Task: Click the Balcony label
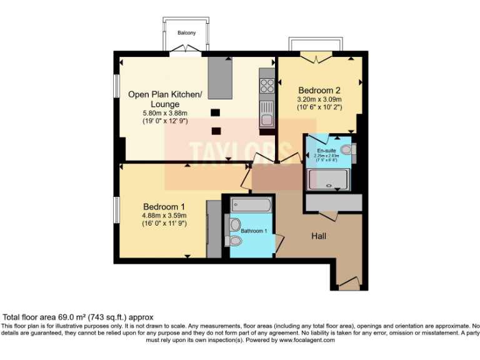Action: [186, 32]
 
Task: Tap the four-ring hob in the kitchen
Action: [267, 84]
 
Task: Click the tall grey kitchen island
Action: [219, 77]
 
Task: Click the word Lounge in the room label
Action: [165, 104]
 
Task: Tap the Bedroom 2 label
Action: [319, 89]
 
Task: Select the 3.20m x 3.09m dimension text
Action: [319, 98]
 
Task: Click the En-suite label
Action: [326, 151]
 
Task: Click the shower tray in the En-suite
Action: [328, 180]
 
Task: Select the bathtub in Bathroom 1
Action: [251, 204]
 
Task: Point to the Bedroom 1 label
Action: [164, 207]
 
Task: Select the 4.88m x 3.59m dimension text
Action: [164, 216]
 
